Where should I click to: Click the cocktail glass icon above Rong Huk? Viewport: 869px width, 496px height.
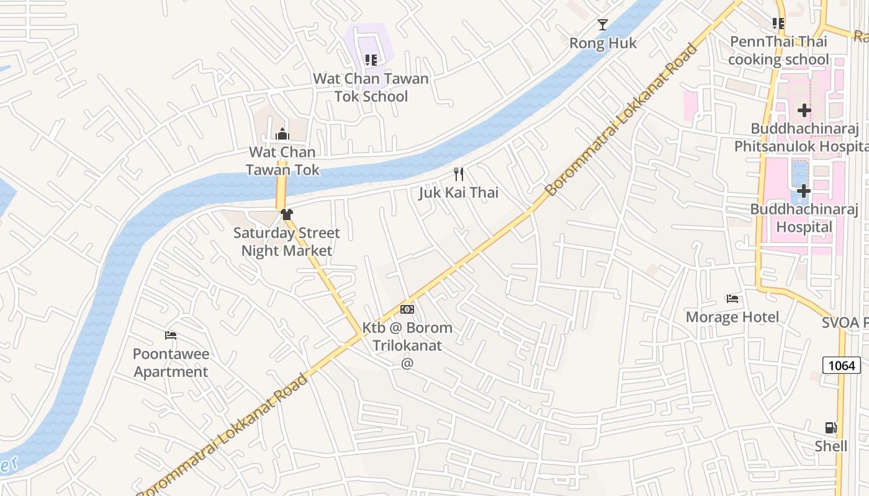tap(603, 25)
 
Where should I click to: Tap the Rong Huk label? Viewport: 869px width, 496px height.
tap(603, 43)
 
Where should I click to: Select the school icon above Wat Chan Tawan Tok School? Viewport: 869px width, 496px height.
tap(371, 60)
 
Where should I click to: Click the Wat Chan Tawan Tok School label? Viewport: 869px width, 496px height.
tap(371, 87)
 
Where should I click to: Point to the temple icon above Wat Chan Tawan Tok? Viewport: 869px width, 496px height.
tap(282, 134)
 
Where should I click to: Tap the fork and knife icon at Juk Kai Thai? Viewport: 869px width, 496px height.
tap(459, 174)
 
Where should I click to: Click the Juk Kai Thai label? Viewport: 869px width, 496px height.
tap(459, 192)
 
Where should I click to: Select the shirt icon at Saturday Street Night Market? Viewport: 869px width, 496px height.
tap(286, 215)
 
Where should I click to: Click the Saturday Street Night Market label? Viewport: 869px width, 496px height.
tap(287, 242)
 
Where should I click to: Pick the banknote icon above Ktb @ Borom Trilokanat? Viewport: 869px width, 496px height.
tap(407, 309)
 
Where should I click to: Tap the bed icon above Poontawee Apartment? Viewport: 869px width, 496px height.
tap(171, 335)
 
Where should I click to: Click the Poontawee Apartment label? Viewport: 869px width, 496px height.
tap(171, 363)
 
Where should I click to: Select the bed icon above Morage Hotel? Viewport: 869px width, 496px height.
tap(732, 299)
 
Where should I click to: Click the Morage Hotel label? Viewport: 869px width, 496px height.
tap(732, 317)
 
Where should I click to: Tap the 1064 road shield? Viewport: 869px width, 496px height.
tap(842, 365)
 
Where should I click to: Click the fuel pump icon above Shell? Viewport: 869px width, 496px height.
tap(831, 428)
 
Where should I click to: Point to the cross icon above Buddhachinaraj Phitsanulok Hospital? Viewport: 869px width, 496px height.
tap(804, 110)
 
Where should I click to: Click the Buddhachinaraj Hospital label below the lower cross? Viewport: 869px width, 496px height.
tap(804, 218)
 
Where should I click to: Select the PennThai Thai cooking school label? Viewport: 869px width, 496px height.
tap(778, 51)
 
